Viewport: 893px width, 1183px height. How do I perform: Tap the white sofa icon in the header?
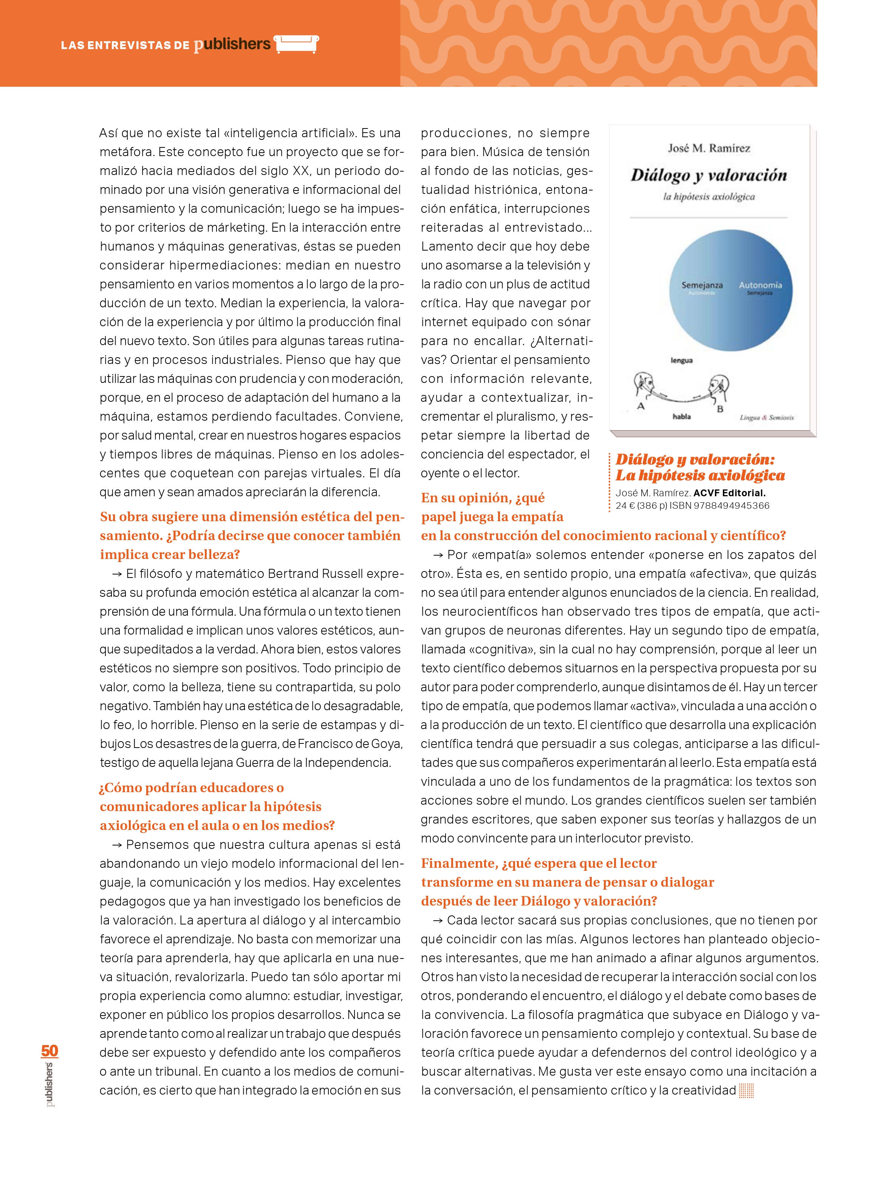pos(296,44)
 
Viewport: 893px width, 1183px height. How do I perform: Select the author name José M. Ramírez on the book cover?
pos(709,148)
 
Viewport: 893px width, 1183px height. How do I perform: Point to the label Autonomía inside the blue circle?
pos(760,285)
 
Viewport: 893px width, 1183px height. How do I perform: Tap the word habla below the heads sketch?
pos(681,416)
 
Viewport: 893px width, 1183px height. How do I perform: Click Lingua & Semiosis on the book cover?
pos(766,417)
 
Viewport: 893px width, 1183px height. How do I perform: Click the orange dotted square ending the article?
pos(746,1090)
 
